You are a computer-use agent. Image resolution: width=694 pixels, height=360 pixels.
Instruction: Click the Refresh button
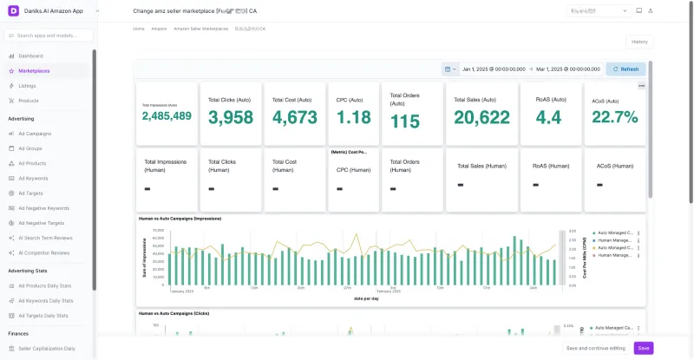tap(625, 69)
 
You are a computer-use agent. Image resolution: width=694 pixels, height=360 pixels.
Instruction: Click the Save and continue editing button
tap(595, 348)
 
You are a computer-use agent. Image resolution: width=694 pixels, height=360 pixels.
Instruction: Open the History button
tap(638, 42)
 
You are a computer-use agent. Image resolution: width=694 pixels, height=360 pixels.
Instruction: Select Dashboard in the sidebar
tap(30, 56)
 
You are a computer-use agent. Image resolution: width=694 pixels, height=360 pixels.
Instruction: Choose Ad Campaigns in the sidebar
tap(35, 134)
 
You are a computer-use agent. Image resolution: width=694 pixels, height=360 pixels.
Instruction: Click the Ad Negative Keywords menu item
tap(43, 208)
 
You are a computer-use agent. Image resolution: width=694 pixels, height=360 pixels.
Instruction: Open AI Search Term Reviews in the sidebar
tap(45, 238)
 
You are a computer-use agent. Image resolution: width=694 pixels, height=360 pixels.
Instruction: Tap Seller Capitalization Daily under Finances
tap(47, 348)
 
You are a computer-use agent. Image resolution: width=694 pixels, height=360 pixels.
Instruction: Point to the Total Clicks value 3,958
tap(231, 117)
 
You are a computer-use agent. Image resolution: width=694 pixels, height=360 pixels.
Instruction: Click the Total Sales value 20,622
tap(481, 117)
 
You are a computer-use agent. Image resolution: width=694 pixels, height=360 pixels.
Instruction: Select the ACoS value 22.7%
tap(615, 117)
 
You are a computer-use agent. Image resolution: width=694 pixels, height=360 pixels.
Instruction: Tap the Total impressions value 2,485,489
tap(167, 116)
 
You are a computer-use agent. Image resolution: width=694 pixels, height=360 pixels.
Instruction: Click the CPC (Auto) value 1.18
tap(353, 117)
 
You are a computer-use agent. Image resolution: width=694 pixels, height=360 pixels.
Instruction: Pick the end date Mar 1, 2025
tap(567, 69)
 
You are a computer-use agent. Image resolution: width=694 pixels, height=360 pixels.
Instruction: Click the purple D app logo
tap(13, 10)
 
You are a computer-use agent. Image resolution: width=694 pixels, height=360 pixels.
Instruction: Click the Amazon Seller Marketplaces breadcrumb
tap(200, 29)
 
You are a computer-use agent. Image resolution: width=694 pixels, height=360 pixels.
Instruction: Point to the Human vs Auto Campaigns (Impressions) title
tap(180, 219)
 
